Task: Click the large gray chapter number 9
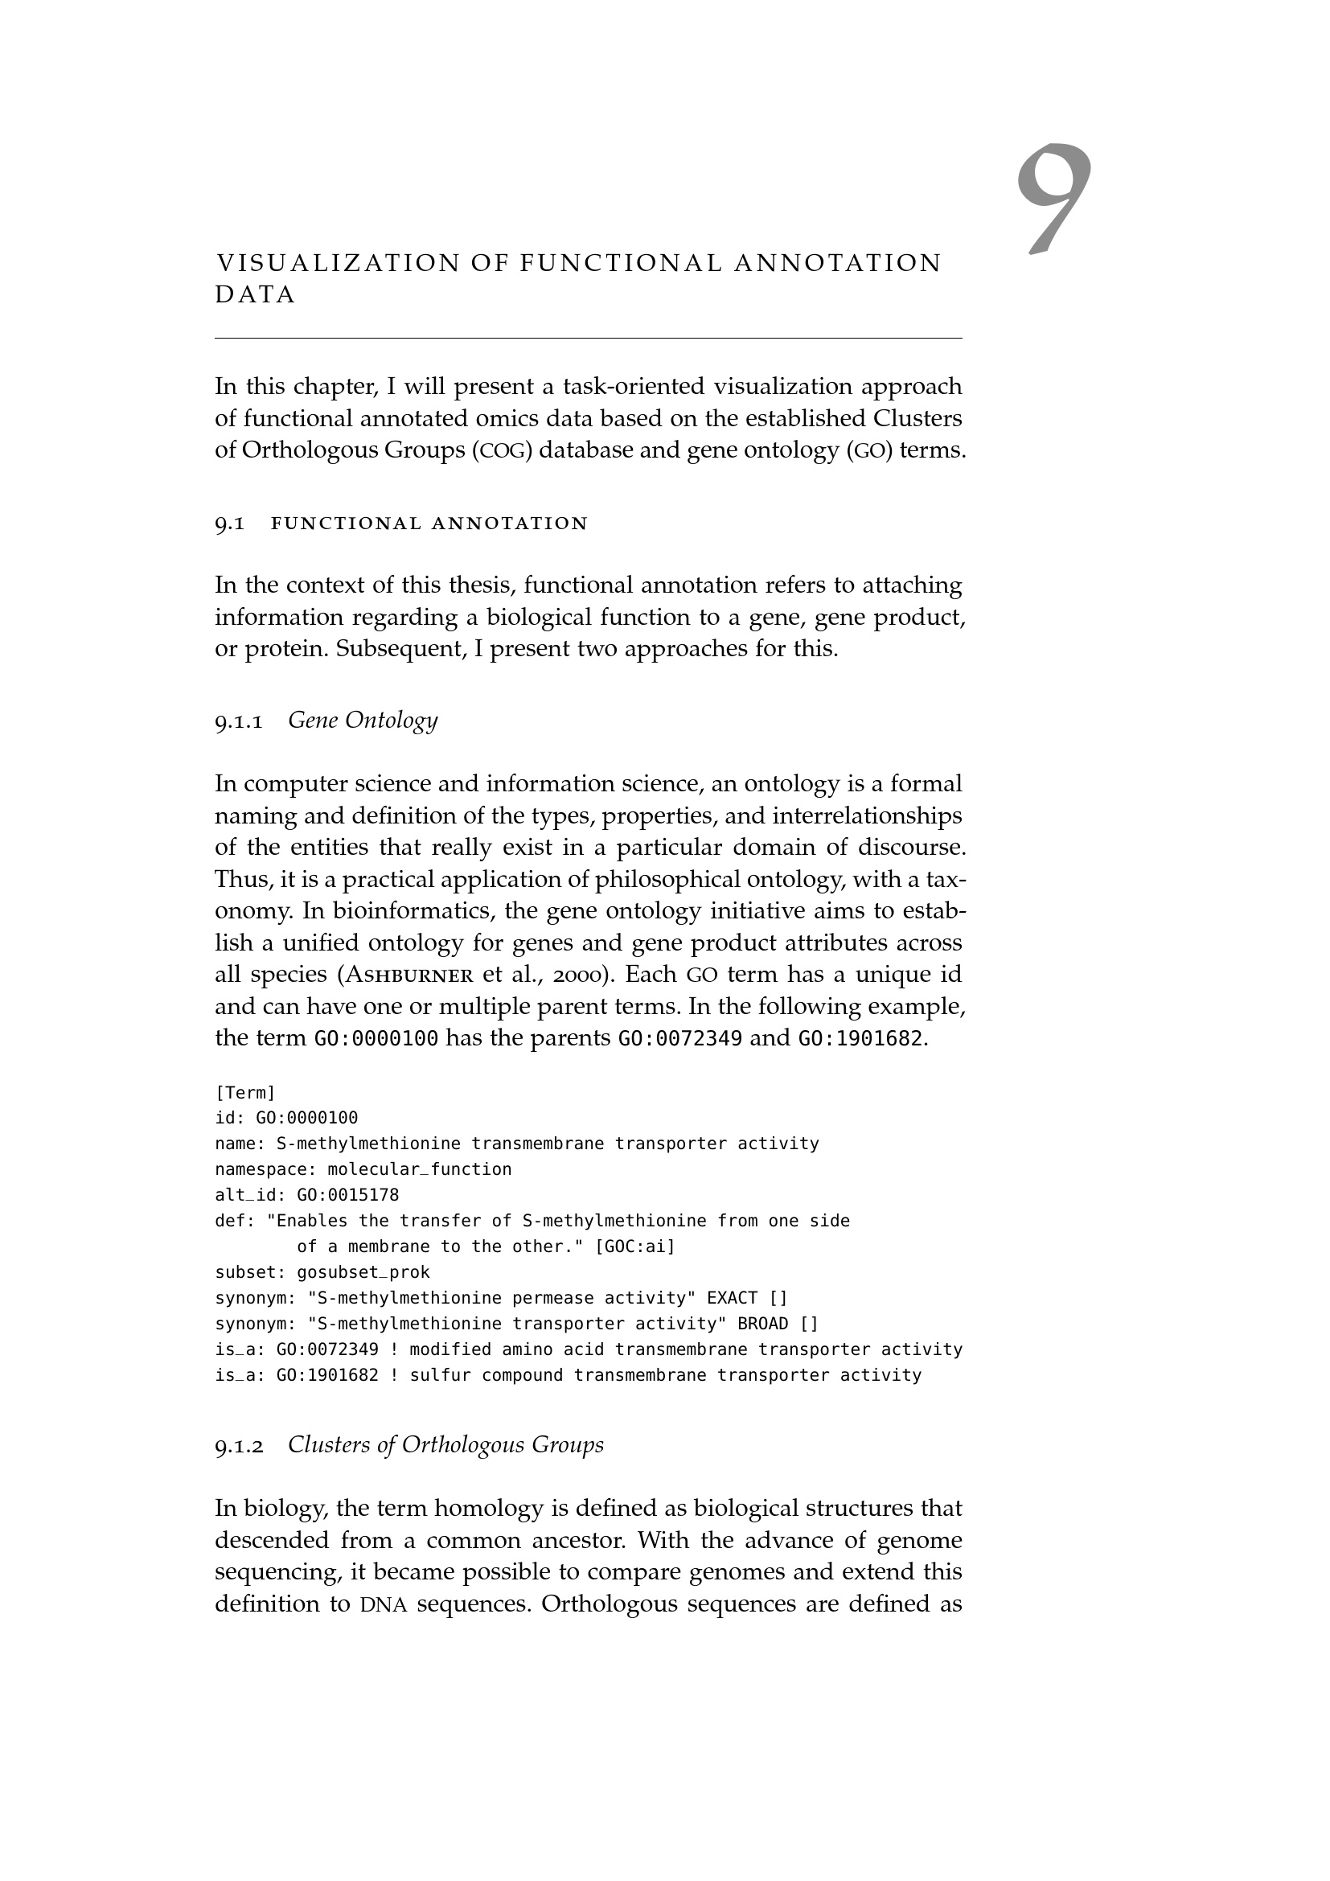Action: point(1054,199)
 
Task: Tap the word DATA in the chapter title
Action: point(255,295)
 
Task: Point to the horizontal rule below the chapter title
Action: point(588,338)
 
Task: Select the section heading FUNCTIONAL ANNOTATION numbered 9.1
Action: point(429,524)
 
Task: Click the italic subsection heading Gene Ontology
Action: point(363,720)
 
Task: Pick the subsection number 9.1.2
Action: point(239,1445)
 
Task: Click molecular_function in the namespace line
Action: point(419,1169)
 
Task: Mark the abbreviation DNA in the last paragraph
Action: point(384,1604)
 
